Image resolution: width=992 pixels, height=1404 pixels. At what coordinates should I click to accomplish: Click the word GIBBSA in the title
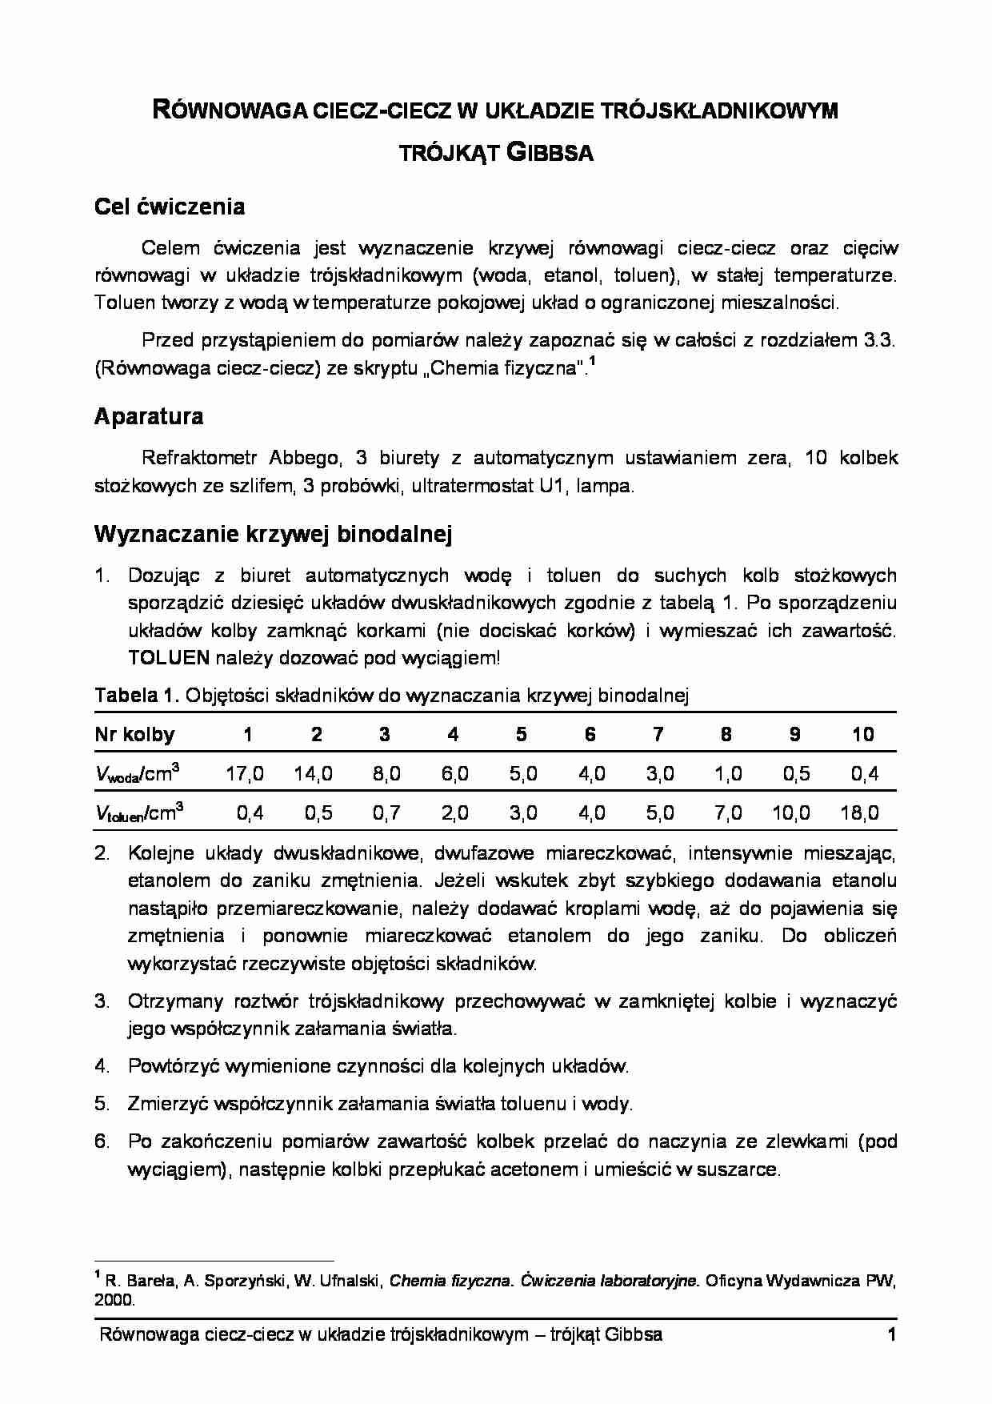[550, 153]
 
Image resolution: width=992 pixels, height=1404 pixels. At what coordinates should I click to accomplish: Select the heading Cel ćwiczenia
[170, 207]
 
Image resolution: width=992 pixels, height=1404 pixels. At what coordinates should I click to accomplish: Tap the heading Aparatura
[149, 416]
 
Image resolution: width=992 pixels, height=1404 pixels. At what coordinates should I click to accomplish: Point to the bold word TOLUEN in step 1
[169, 658]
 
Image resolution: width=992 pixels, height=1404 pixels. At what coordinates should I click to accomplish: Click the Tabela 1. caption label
[138, 696]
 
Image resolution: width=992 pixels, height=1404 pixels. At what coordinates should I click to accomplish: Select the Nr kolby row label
[134, 735]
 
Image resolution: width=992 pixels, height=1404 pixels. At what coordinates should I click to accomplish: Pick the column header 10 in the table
[862, 735]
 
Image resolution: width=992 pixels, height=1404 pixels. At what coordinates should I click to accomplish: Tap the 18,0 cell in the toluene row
[859, 813]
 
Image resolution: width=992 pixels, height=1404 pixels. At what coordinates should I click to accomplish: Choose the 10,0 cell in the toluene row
[790, 813]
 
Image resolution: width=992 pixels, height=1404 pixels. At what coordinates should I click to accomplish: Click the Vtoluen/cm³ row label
[138, 813]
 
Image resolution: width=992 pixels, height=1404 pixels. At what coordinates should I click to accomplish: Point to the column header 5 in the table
[522, 735]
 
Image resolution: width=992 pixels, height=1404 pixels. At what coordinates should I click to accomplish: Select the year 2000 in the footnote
[114, 1301]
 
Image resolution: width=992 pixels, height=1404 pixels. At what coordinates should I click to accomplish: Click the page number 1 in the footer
[890, 1334]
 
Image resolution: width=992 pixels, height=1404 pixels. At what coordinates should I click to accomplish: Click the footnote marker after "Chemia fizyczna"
[592, 363]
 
